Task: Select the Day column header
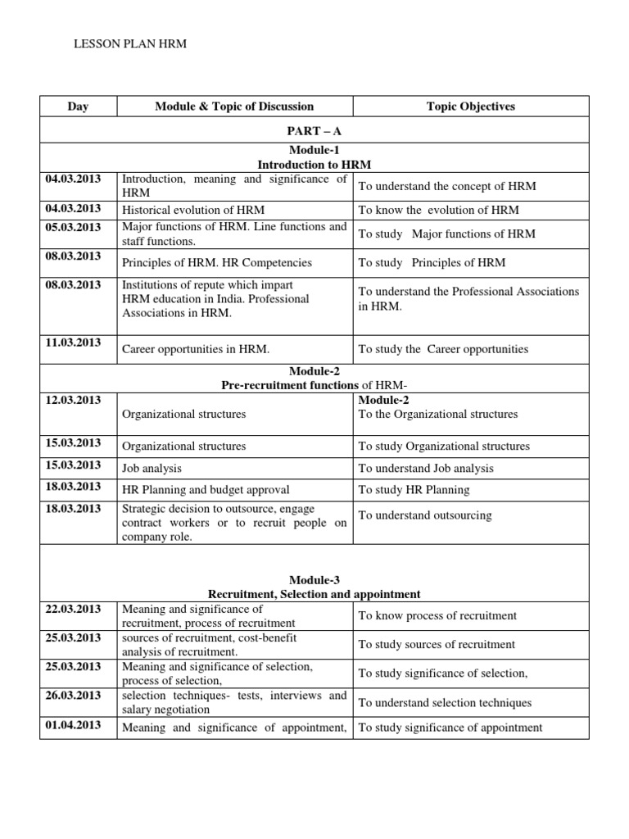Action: click(x=79, y=107)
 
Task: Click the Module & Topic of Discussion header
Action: click(x=234, y=107)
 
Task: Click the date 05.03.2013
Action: click(x=75, y=228)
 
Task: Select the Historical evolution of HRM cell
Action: click(x=193, y=210)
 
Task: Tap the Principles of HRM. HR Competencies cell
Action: click(x=217, y=263)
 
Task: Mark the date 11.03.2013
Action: click(x=75, y=342)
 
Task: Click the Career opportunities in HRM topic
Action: click(x=196, y=349)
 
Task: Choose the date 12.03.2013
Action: click(x=75, y=400)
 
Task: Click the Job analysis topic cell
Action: click(x=152, y=469)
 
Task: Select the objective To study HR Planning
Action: click(x=414, y=490)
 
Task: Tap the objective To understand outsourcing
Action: click(x=424, y=515)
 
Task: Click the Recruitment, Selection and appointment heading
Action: click(x=314, y=594)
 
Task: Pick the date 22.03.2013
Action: click(x=75, y=610)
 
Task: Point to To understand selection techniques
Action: click(x=445, y=702)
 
